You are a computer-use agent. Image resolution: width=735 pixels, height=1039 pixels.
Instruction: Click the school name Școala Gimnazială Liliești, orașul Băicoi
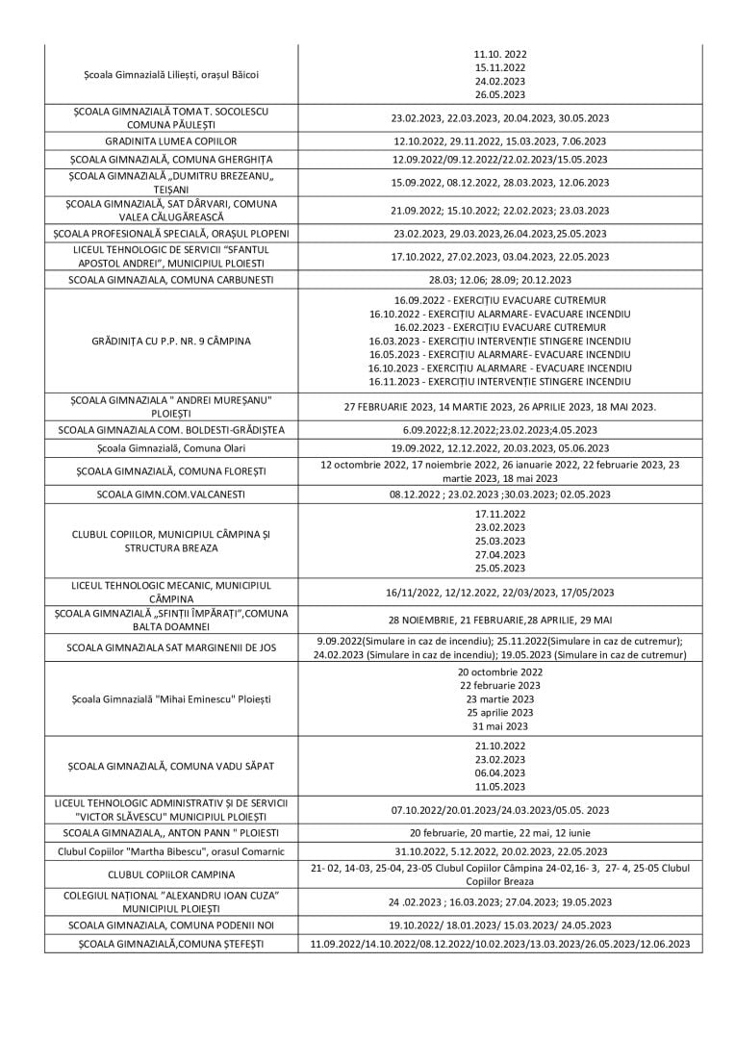point(170,74)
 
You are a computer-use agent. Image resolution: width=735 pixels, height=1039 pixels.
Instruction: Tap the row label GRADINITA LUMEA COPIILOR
point(170,141)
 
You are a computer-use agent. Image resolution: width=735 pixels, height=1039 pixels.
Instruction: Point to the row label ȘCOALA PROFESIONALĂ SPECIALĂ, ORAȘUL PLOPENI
point(170,234)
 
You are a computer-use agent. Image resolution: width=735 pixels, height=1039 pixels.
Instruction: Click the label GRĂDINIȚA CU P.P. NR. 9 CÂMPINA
point(170,341)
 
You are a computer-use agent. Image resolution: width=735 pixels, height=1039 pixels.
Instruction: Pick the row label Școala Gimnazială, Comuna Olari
point(170,448)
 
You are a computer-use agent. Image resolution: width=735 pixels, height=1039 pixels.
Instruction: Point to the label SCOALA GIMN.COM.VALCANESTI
point(170,494)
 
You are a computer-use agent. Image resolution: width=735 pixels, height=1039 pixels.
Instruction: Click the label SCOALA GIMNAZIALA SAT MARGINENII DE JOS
point(170,648)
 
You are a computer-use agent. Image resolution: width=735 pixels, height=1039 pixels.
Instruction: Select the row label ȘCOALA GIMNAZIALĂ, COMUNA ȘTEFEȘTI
point(170,945)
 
